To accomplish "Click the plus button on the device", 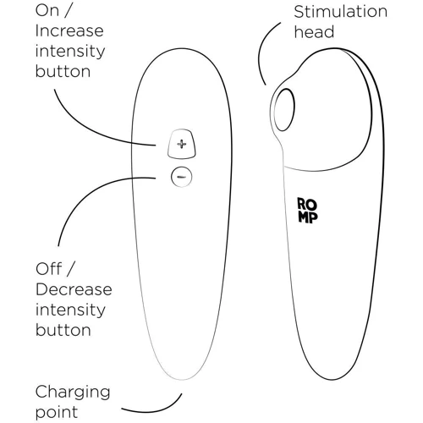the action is click(181, 144).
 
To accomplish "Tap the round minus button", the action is click(182, 177).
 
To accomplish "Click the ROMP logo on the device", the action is click(308, 211).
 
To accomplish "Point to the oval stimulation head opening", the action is click(284, 110).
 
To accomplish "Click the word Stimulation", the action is click(340, 12).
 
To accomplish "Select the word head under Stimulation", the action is click(314, 32).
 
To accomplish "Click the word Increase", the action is click(69, 30).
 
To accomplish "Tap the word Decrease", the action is click(74, 289).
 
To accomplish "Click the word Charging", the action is click(73, 393).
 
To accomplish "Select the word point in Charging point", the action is click(57, 412).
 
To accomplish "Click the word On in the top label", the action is click(47, 11).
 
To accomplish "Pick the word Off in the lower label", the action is click(49, 269).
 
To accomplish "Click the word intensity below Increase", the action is click(70, 52).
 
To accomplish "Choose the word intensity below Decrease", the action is click(70, 310).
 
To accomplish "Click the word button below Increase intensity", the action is click(63, 71).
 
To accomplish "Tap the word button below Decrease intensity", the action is click(63, 330).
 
